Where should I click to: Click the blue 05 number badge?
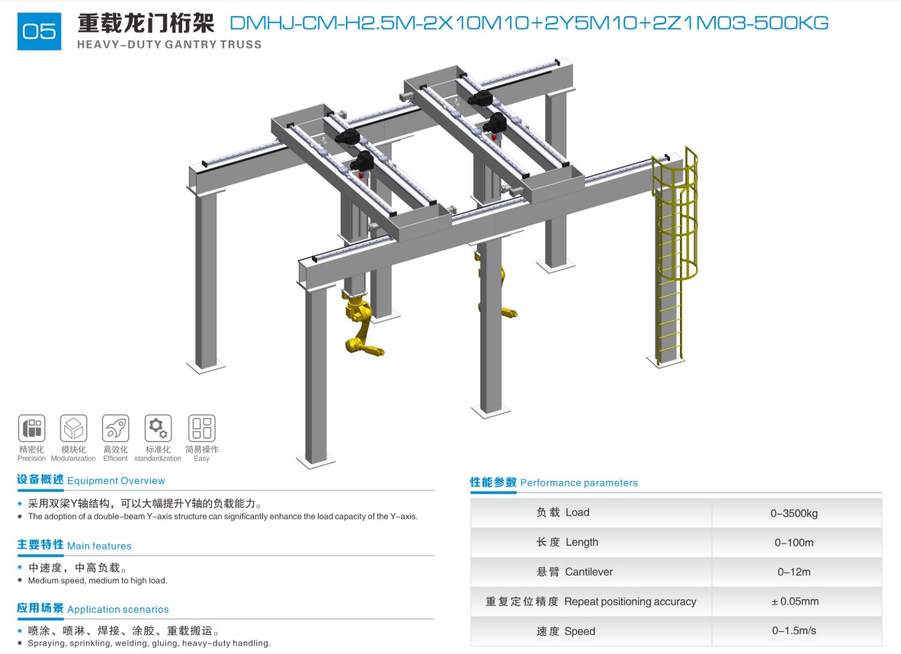39,30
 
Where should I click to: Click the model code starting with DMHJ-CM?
529,23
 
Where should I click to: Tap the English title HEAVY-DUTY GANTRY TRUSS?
169,45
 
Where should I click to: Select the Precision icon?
31,428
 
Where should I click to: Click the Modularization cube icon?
73,428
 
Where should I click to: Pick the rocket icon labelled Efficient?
116,428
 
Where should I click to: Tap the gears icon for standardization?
158,428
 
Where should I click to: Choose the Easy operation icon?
202,428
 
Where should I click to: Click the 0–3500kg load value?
794,513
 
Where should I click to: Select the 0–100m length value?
794,543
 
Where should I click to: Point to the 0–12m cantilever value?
794,572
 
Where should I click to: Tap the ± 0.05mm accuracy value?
795,601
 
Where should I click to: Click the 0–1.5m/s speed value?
794,630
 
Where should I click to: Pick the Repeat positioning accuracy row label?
591,601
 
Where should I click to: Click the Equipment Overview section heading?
91,480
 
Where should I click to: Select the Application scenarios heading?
92,608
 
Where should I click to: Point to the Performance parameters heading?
554,482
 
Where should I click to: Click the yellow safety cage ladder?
675,253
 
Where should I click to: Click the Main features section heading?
74,545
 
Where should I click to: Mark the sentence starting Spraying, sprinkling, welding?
149,643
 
